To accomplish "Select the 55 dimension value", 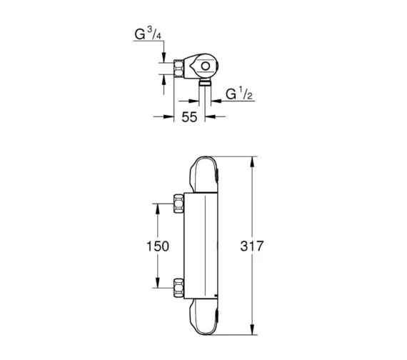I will coord(188,118).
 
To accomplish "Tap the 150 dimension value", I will coord(158,246).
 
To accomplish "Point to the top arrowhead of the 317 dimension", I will coord(253,161).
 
